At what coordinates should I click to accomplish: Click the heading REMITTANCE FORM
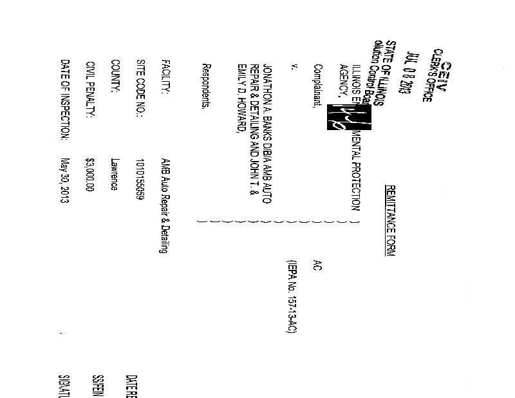point(389,220)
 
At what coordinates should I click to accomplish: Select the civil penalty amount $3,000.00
point(90,174)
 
